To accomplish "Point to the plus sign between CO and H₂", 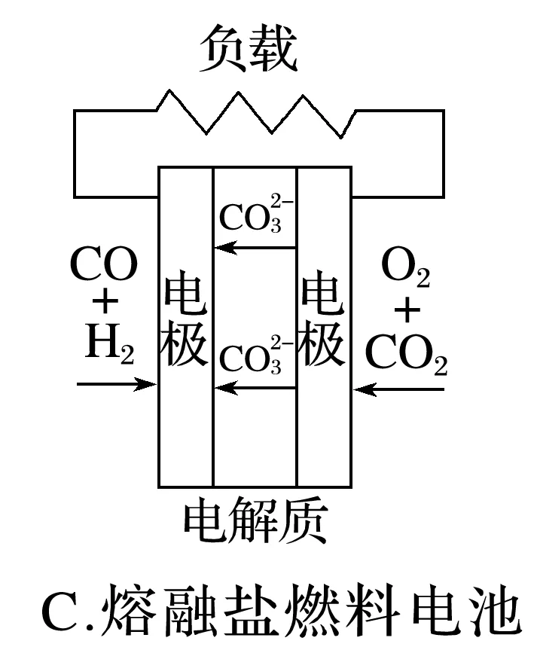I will [105, 304].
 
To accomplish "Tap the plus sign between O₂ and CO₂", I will [407, 310].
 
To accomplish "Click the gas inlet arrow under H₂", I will [116, 384].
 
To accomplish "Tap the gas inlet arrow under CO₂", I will [399, 389].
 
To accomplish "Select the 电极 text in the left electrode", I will [185, 320].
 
